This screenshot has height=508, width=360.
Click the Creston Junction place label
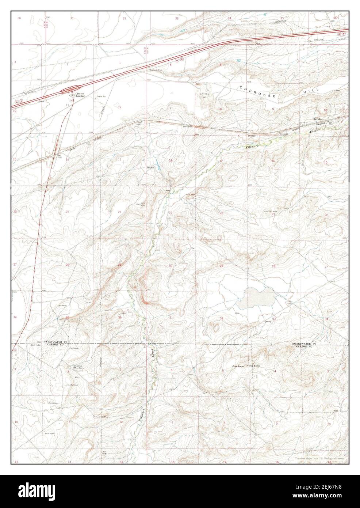pos(80,95)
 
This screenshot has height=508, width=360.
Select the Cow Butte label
pos(238,366)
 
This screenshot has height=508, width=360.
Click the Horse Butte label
pos(253,366)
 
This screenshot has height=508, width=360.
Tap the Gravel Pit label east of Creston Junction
pos(101,97)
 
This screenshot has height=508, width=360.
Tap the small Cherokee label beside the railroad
pos(318,119)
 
